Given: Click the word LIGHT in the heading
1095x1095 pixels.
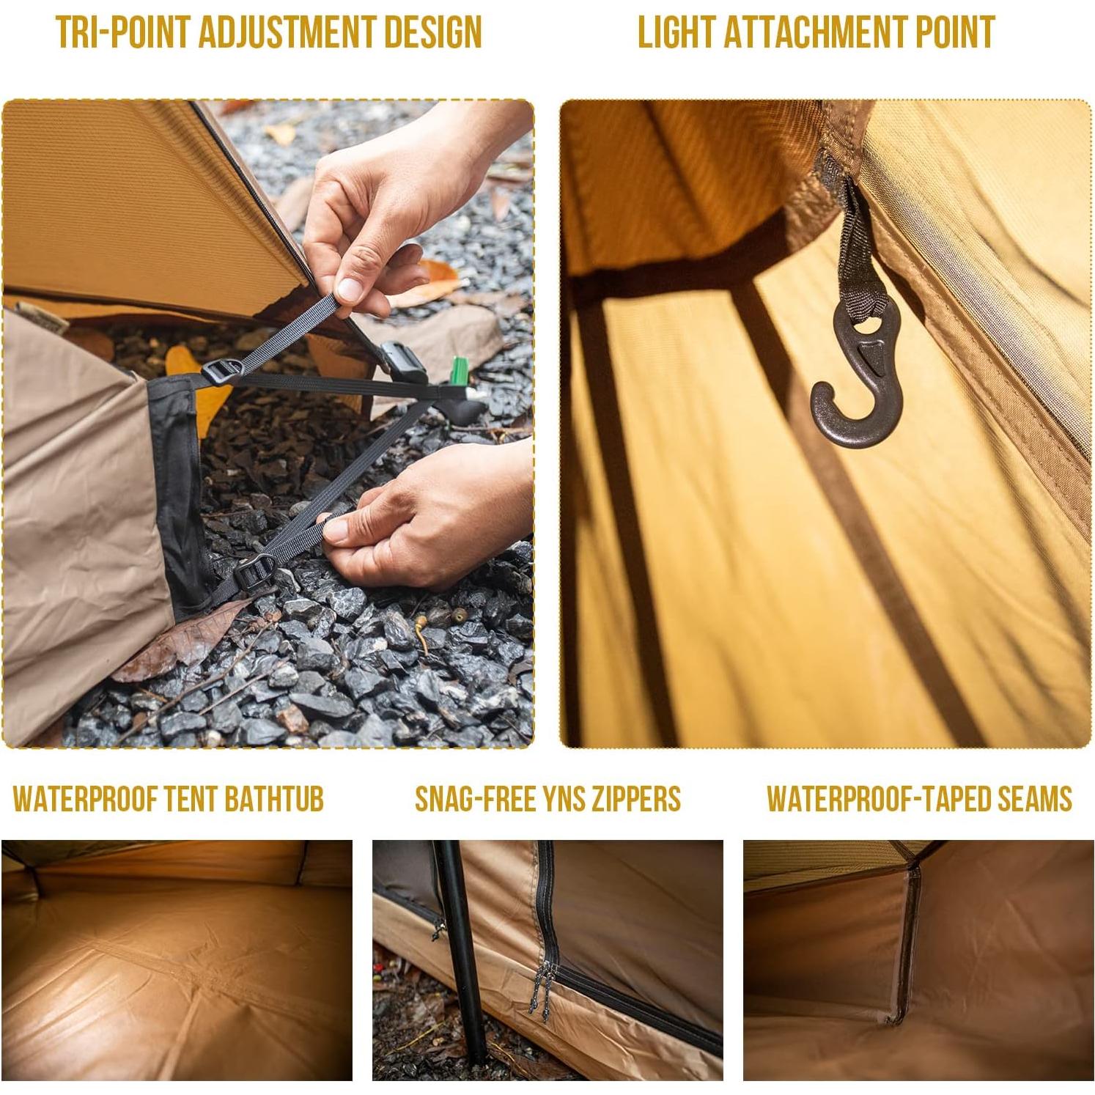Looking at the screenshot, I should [675, 32].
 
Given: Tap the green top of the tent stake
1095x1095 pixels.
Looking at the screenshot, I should [459, 369].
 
